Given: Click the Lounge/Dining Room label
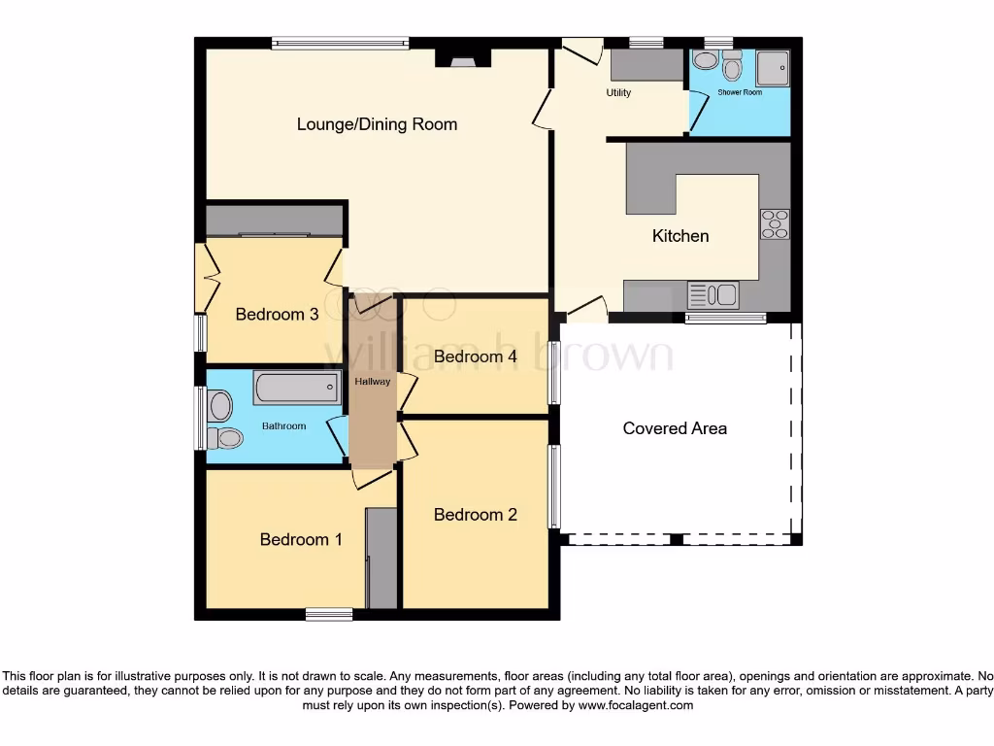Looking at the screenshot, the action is point(378,124).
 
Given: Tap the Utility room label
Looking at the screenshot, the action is point(618,92).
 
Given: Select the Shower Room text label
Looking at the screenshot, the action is point(740,92).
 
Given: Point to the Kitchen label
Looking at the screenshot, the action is point(680,236).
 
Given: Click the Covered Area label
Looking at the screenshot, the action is point(675,428).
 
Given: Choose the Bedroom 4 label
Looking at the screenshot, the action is point(476,356).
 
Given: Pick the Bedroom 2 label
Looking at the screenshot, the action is point(476,515).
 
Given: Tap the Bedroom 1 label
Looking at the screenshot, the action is point(301,539).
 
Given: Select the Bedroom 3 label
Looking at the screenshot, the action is point(277,314).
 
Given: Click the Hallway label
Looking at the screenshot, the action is point(372,381).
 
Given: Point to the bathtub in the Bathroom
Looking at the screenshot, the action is point(297,387).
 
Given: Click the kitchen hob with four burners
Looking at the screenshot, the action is point(775,224).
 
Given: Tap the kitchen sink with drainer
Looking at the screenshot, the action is point(713,295).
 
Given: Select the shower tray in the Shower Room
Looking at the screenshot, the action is point(773,68).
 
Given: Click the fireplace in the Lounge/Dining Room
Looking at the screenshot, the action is point(463,57).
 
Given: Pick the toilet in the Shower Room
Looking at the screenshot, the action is point(732,65).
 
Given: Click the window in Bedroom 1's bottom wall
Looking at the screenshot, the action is point(329,614).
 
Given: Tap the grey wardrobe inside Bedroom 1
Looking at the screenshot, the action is point(381,559).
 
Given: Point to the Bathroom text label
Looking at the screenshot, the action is point(284,426).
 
